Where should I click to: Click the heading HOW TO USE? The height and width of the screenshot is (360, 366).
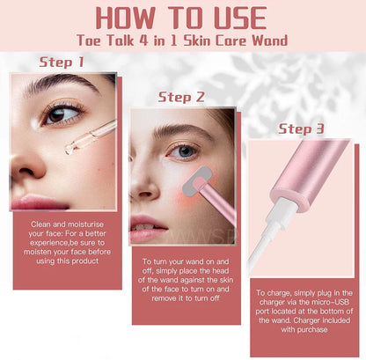(181, 18)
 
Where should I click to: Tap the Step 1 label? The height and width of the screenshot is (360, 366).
(62, 62)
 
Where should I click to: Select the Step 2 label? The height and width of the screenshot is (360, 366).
(181, 97)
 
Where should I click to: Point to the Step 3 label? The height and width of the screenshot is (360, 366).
(301, 129)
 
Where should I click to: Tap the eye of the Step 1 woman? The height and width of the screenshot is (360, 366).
(61, 115)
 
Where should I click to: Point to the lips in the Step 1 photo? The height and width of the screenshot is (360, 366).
(38, 202)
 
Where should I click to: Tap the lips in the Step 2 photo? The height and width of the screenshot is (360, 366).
(147, 228)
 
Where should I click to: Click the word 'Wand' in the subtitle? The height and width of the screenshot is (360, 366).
(270, 40)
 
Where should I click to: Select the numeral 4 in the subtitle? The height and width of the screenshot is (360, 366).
(143, 40)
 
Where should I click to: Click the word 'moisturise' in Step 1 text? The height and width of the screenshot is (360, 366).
(85, 224)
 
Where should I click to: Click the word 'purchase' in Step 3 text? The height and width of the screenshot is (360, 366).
(312, 329)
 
